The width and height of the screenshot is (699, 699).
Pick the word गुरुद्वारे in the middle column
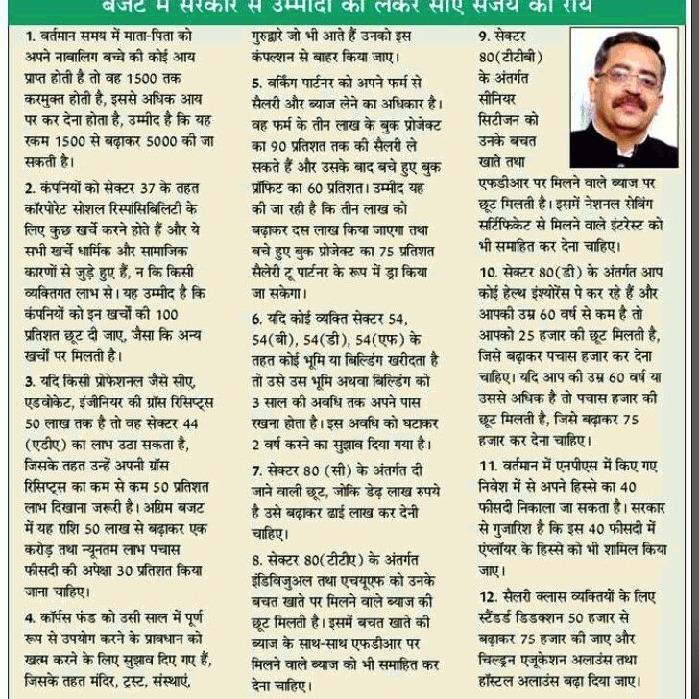(279, 35)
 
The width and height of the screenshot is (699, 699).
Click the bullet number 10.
(488, 271)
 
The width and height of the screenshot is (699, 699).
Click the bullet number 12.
(488, 597)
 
